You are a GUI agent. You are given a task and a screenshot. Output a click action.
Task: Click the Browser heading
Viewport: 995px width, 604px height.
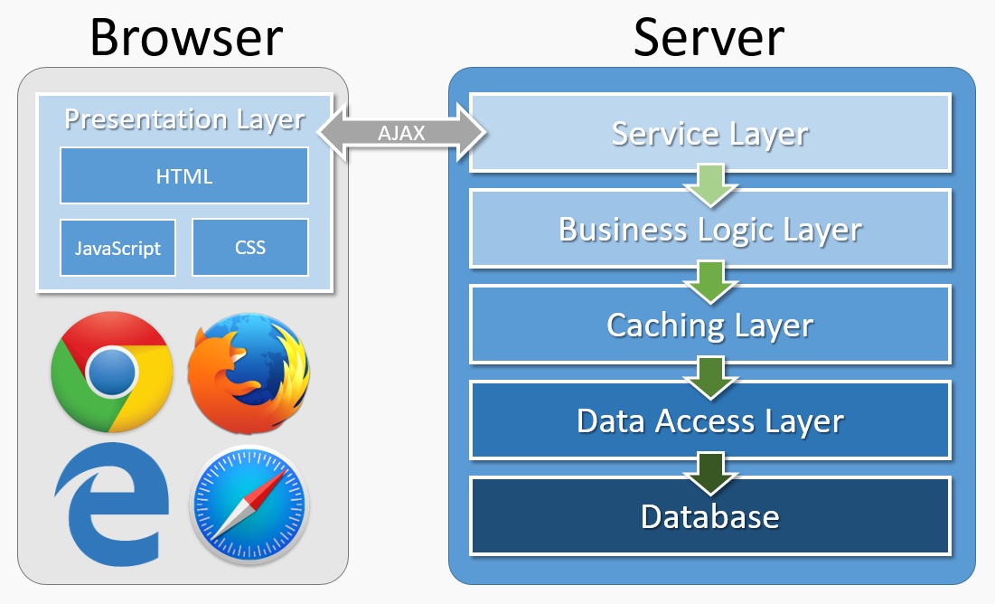(185, 37)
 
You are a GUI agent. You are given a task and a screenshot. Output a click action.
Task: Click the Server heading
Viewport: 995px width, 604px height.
(709, 37)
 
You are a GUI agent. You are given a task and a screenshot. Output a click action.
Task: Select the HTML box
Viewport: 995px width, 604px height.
(184, 175)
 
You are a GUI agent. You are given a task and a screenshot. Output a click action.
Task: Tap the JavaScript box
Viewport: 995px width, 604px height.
(117, 247)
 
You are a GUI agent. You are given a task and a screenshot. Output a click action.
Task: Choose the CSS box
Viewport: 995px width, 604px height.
(250, 247)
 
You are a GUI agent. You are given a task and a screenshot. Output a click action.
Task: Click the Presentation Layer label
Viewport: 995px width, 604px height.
(184, 119)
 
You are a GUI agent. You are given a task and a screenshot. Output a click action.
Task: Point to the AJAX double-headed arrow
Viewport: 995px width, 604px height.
(402, 134)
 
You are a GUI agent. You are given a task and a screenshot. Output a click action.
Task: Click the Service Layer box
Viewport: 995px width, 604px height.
(710, 134)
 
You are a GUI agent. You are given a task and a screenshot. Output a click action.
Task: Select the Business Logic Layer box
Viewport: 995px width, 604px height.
(710, 229)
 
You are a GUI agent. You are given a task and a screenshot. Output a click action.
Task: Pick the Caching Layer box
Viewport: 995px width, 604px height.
(710, 325)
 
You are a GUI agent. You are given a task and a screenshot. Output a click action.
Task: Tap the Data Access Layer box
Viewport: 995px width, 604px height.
(710, 420)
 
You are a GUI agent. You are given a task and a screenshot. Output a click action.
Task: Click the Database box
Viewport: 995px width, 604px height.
(710, 516)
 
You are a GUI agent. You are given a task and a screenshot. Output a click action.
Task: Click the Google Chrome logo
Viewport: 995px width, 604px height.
(112, 370)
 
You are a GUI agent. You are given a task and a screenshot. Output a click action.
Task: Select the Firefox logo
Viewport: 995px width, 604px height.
(249, 370)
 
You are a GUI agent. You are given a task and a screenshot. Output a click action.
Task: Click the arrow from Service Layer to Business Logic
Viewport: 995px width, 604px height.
(711, 184)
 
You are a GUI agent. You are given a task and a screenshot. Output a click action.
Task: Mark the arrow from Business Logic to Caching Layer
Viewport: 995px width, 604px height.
(711, 279)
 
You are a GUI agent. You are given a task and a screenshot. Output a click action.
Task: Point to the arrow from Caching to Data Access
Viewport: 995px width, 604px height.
(711, 375)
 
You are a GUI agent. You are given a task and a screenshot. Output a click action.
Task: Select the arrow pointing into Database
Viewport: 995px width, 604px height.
(711, 471)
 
